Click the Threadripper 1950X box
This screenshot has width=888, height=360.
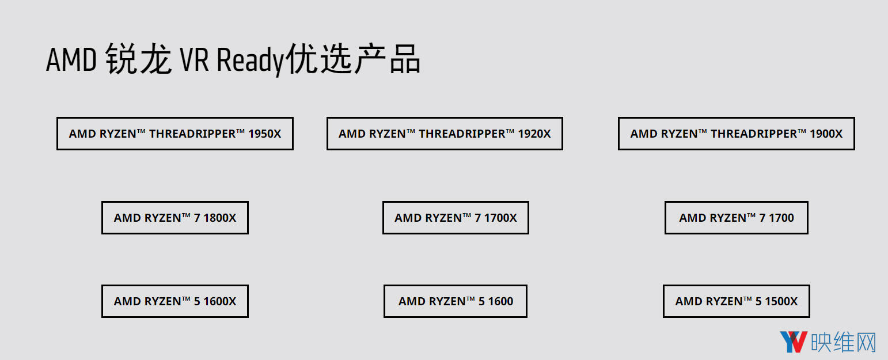[175, 134]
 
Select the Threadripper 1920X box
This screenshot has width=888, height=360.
[445, 134]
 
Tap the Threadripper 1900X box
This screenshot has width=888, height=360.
[736, 134]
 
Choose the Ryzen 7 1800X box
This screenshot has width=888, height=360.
[175, 218]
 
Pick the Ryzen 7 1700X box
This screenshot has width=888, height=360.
[456, 218]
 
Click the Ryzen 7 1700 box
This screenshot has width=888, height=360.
[736, 218]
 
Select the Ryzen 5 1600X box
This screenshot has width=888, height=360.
[175, 301]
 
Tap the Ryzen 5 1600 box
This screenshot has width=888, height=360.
[456, 301]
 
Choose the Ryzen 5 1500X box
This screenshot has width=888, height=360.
[736, 301]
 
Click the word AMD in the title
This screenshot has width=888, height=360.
[71, 60]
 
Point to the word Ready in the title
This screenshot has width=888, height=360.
[251, 61]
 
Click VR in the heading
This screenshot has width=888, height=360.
[194, 60]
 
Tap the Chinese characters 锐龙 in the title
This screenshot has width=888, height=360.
[139, 59]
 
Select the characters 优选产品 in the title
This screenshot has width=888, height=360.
[353, 59]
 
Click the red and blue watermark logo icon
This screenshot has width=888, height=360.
[793, 342]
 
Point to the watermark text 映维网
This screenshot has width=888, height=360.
[843, 342]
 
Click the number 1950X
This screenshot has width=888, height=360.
[264, 134]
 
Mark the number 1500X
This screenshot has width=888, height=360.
[781, 302]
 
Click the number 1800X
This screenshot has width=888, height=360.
[219, 218]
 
